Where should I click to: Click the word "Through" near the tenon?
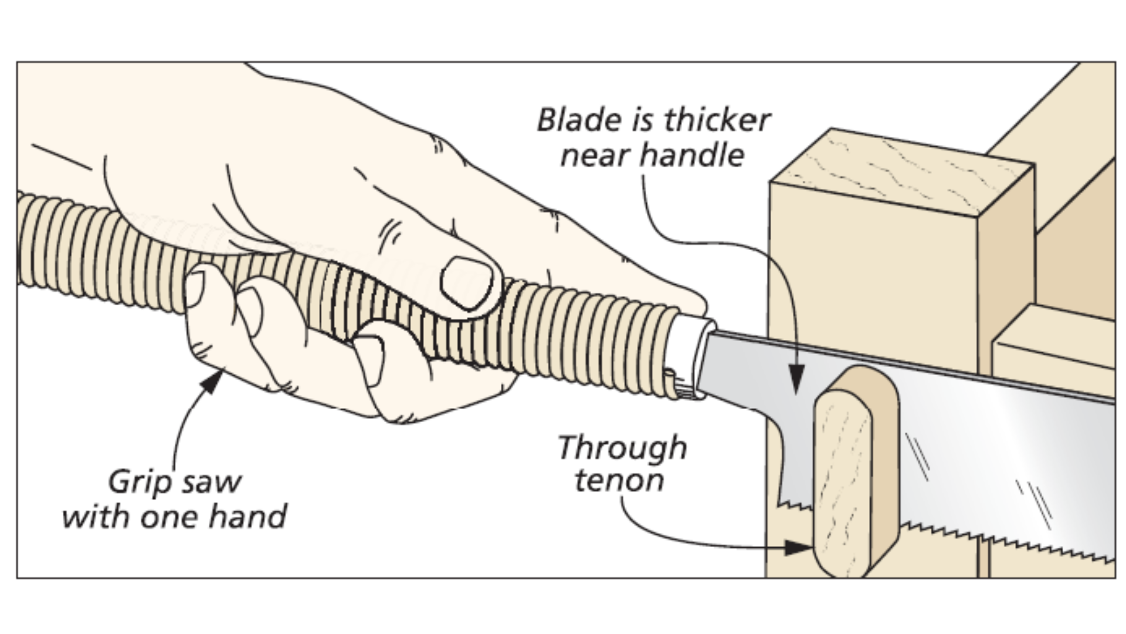coord(622,448)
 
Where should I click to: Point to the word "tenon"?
coord(619,481)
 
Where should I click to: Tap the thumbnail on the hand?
coord(466,282)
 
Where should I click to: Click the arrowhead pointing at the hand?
coord(212,380)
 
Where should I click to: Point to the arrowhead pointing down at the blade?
coord(796,379)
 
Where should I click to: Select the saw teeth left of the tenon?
coord(795,504)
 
